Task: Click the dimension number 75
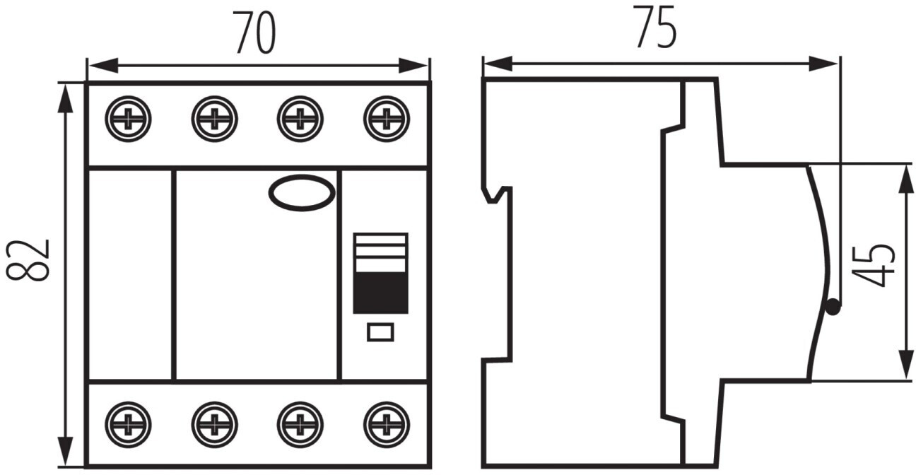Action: (656, 28)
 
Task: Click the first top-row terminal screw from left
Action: (128, 118)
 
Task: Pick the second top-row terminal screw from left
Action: (214, 118)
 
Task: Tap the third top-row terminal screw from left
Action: (300, 118)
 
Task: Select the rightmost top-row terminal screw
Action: (387, 118)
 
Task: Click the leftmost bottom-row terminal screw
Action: (128, 424)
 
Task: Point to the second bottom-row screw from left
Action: (214, 424)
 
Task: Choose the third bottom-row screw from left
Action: (300, 424)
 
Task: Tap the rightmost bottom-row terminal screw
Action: (387, 424)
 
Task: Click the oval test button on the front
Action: (302, 193)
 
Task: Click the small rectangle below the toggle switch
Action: (380, 332)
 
